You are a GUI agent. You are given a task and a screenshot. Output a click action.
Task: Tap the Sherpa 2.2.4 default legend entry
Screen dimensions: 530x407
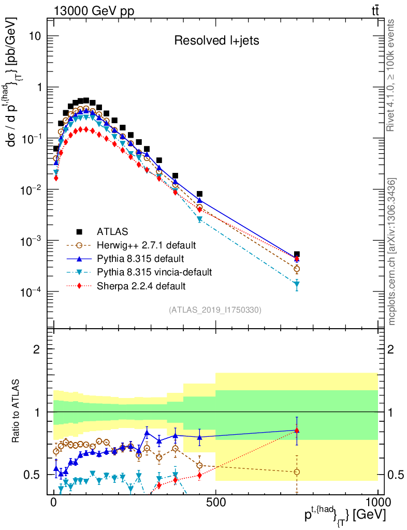141,285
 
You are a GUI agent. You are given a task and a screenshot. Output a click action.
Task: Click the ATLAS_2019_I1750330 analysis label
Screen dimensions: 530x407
215,310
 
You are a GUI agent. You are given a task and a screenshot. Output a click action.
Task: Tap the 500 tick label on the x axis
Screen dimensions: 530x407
215,502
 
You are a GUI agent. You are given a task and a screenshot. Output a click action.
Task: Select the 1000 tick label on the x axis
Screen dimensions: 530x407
377,502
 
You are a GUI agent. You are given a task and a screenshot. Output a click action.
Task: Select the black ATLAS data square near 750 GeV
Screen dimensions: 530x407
297,255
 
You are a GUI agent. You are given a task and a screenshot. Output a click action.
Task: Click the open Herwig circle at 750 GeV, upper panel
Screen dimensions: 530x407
297,269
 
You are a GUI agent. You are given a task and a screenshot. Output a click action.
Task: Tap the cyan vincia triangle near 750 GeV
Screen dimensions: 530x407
297,284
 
